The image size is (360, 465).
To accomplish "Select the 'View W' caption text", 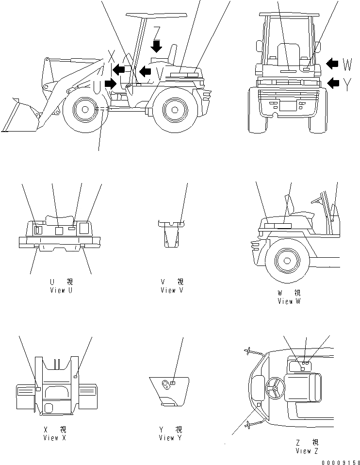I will point(289,301).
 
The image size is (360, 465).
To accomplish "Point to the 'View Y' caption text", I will point(170,437).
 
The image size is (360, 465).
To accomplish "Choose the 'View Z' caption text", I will point(307,450).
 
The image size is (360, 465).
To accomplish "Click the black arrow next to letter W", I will point(333,63).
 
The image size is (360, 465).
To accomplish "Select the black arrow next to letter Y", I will point(333,83).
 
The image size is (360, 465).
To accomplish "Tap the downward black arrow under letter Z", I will point(156,46).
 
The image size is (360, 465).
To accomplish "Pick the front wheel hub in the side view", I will point(85,110).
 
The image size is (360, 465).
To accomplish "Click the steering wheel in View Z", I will point(275,387).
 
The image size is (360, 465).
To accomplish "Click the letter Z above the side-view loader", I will point(156,33).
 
